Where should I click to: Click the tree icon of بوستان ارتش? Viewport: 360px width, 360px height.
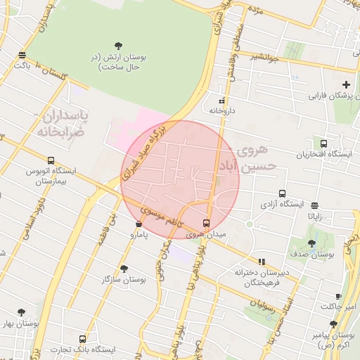coord(117,46)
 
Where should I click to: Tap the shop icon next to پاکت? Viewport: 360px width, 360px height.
coord(22,55)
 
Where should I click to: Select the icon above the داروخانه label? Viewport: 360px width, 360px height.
coord(222,101)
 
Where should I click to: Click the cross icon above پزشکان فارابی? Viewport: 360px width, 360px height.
coord(346,84)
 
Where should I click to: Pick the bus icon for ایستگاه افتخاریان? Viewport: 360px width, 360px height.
coord(323,143)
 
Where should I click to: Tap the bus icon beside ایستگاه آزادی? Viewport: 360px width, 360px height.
coord(282,193)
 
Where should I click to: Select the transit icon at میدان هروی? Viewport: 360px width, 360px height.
coord(205,223)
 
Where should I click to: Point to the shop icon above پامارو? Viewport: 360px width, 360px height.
coord(139,224)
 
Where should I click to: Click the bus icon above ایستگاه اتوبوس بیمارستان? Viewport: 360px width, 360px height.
coord(51,160)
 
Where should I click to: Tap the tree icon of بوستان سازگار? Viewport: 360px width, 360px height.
coord(124,269)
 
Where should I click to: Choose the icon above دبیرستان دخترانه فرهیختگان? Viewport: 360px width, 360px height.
coord(262,262)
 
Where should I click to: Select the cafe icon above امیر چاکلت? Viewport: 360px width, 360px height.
coord(339,297)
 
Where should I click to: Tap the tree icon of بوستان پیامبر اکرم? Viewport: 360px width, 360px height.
coord(333,324)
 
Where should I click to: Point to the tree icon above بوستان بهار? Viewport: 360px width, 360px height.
coord(20,313)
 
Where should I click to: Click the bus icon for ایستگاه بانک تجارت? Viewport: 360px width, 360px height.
coord(83,339)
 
